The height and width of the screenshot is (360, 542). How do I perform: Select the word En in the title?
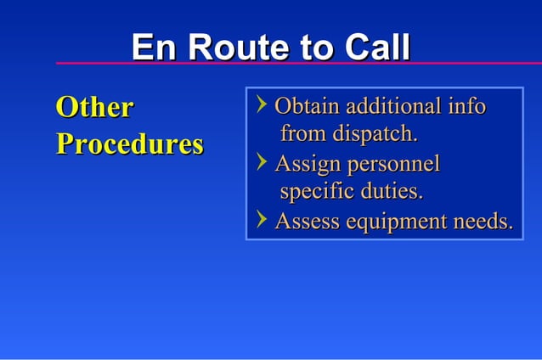(x=154, y=48)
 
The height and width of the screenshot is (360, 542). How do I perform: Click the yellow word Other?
(x=94, y=108)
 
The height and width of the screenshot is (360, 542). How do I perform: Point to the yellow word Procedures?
(x=129, y=144)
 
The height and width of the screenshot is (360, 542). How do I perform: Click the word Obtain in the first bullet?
(x=307, y=107)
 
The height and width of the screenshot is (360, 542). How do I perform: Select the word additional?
(x=390, y=107)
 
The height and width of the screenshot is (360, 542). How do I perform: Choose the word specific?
(x=316, y=191)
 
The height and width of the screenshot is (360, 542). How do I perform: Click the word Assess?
(x=306, y=222)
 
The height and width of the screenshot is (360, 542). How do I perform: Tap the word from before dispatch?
(x=303, y=134)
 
